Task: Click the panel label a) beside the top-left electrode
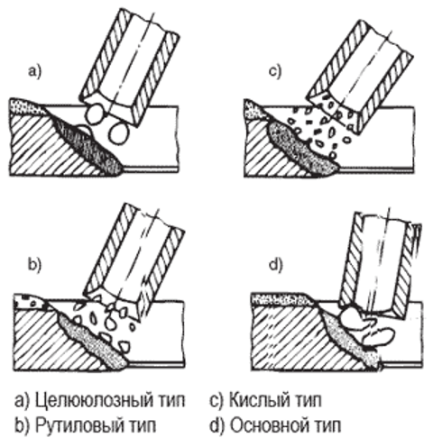34,71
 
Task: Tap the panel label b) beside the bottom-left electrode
34,266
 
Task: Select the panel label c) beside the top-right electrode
275,72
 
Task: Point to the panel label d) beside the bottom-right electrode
275,266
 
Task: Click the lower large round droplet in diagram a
119,133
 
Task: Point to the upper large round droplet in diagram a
96,114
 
